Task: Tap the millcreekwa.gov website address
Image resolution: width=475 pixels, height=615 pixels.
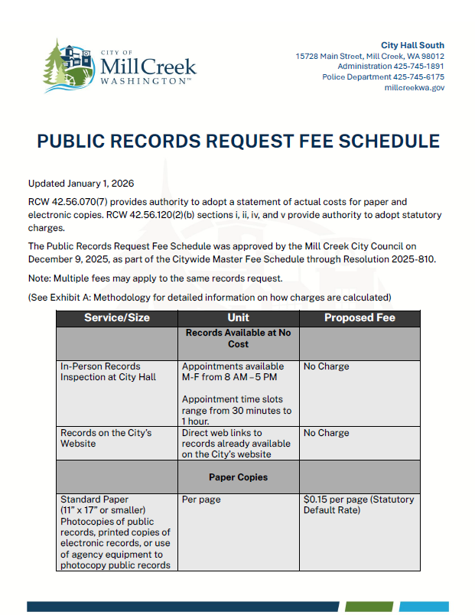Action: (414, 88)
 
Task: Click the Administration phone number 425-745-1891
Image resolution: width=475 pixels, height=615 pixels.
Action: (418, 67)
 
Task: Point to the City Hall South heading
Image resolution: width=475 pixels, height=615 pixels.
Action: (412, 45)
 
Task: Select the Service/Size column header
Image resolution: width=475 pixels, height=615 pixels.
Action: (117, 317)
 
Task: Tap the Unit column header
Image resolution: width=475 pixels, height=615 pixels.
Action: (238, 317)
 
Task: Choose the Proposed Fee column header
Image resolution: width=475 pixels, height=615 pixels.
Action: (359, 317)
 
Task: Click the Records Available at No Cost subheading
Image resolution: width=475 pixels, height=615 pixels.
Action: (238, 338)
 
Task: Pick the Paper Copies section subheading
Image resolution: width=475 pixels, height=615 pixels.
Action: (238, 477)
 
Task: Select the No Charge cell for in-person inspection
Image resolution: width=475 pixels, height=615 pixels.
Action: (326, 366)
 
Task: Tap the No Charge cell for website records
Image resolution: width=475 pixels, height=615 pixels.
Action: (326, 433)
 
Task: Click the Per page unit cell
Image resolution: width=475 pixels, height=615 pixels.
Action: (201, 499)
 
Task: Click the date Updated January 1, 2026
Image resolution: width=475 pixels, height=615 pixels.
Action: (81, 184)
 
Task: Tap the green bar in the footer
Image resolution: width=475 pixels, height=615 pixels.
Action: (369, 607)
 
